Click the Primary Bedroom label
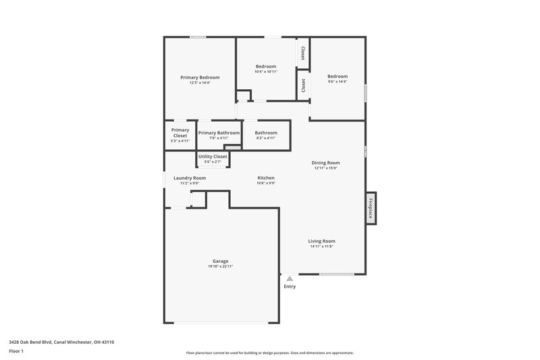click(x=200, y=78)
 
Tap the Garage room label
click(x=220, y=261)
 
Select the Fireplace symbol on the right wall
click(x=371, y=207)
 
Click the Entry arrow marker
click(x=290, y=278)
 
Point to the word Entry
click(x=290, y=286)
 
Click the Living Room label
click(x=322, y=241)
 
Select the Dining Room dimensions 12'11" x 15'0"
click(x=325, y=168)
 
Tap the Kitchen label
click(x=266, y=178)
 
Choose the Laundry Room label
click(x=190, y=178)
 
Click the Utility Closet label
click(x=213, y=156)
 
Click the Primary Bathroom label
click(x=219, y=133)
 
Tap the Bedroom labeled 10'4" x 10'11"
click(x=266, y=68)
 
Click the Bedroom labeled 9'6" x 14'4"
click(x=337, y=78)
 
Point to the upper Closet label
click(x=303, y=53)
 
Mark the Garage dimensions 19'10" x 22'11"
click(x=220, y=267)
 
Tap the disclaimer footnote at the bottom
click(x=270, y=353)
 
